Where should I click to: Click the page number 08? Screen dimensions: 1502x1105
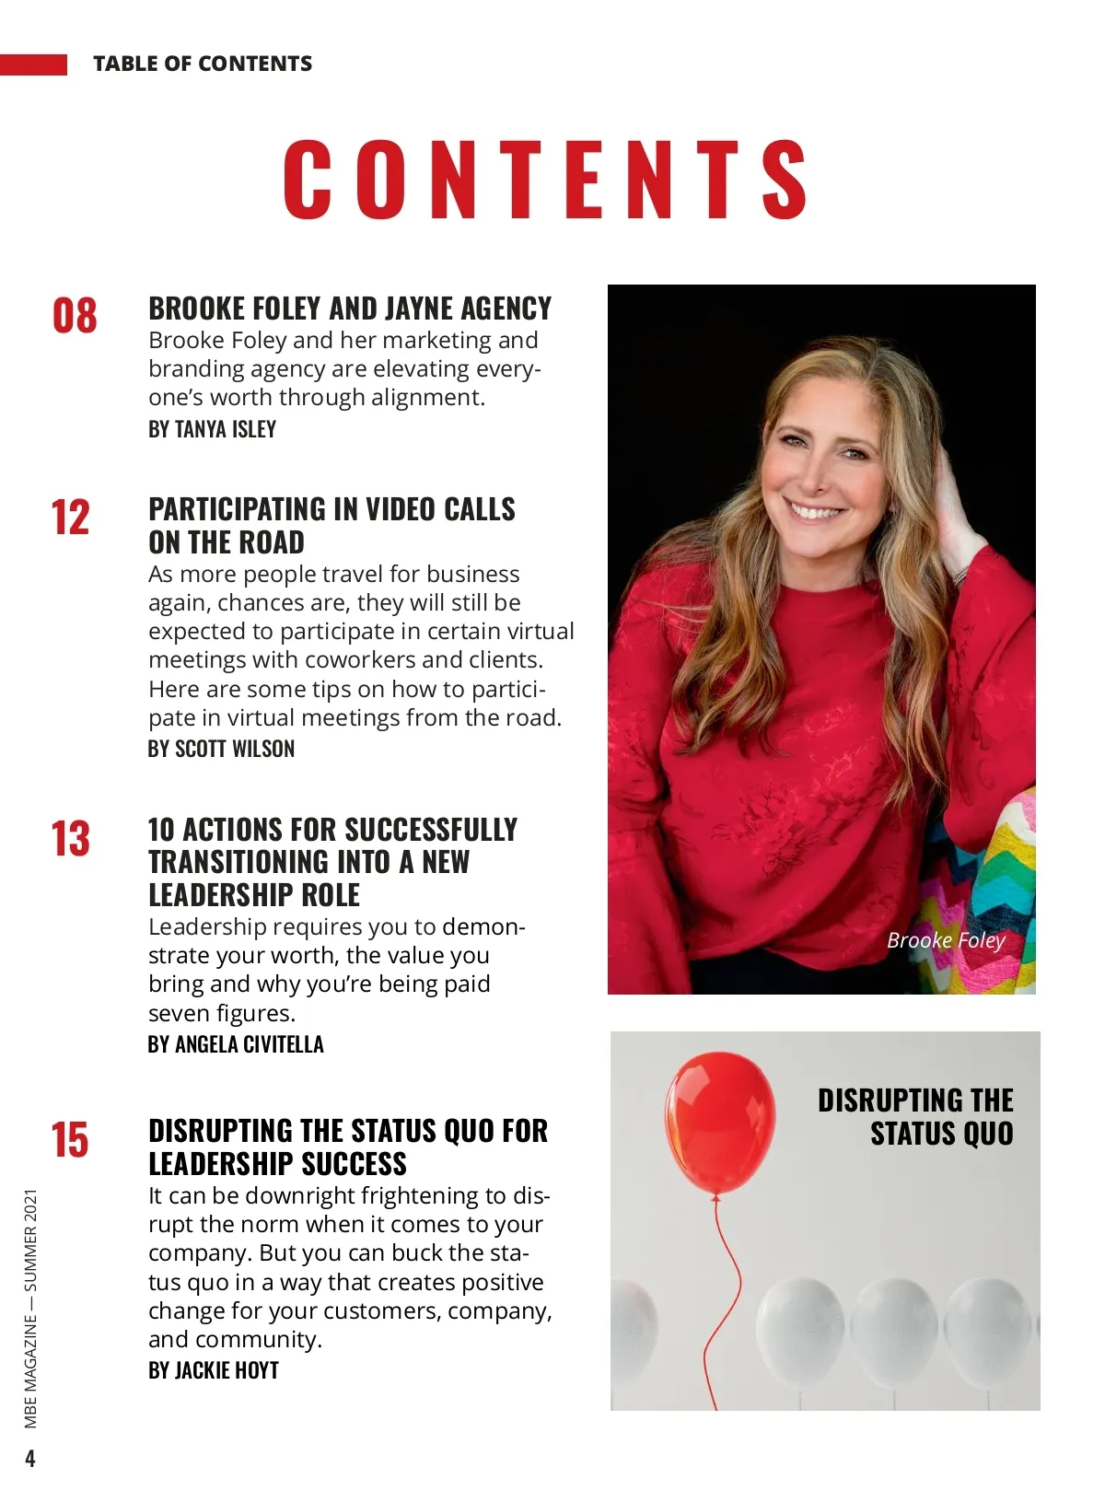tap(75, 316)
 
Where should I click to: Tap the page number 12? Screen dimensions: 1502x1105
tap(71, 518)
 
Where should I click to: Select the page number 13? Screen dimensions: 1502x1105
tap(71, 839)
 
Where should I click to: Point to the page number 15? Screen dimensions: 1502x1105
tap(71, 1139)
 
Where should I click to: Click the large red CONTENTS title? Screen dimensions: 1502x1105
tap(545, 180)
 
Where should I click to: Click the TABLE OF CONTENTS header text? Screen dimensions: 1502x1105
tap(203, 64)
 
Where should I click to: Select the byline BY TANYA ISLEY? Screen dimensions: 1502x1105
tap(212, 429)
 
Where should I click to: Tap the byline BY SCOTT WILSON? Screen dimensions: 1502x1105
tap(221, 749)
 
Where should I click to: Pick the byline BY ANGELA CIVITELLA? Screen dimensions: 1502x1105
tap(236, 1044)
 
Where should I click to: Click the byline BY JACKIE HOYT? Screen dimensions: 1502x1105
tap(214, 1370)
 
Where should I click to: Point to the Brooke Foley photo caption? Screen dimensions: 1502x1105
tap(946, 940)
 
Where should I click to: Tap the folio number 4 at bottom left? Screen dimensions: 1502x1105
tap(30, 1459)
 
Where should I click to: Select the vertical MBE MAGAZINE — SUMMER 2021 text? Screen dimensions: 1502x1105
tap(31, 1308)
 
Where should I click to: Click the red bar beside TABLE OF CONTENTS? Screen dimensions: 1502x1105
tap(33, 64)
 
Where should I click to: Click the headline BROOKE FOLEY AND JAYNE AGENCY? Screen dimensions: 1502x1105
tap(350, 309)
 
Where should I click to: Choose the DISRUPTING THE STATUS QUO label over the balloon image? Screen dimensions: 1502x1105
tap(916, 1116)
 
